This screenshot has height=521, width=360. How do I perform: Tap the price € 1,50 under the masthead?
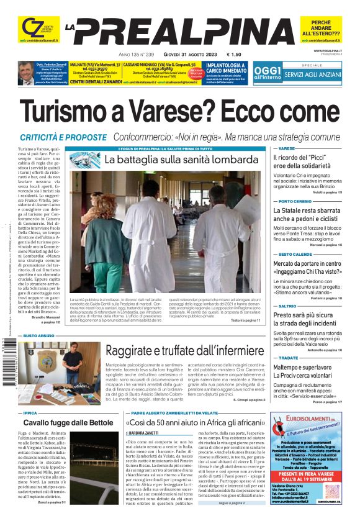click(234, 54)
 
